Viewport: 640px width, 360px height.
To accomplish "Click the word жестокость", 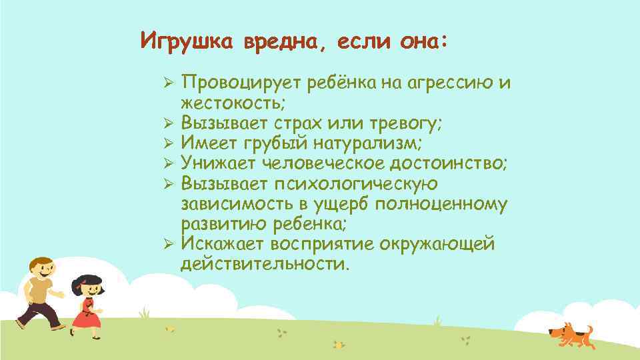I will coord(230,103).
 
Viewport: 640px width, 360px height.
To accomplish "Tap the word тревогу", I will coord(403,123).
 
